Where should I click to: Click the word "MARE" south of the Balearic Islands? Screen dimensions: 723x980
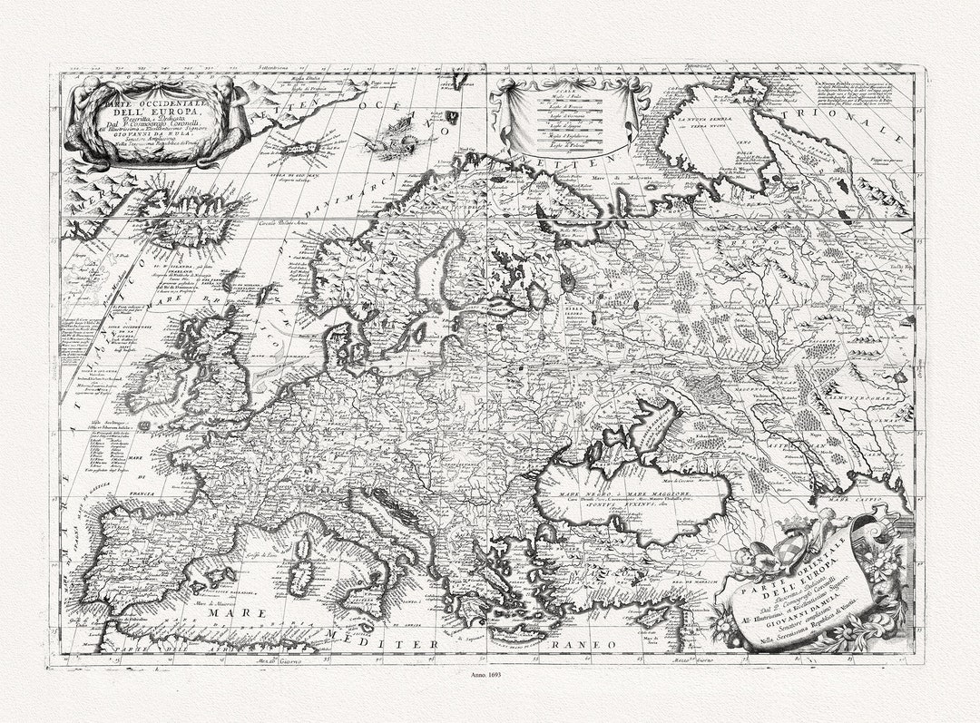click(x=237, y=614)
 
